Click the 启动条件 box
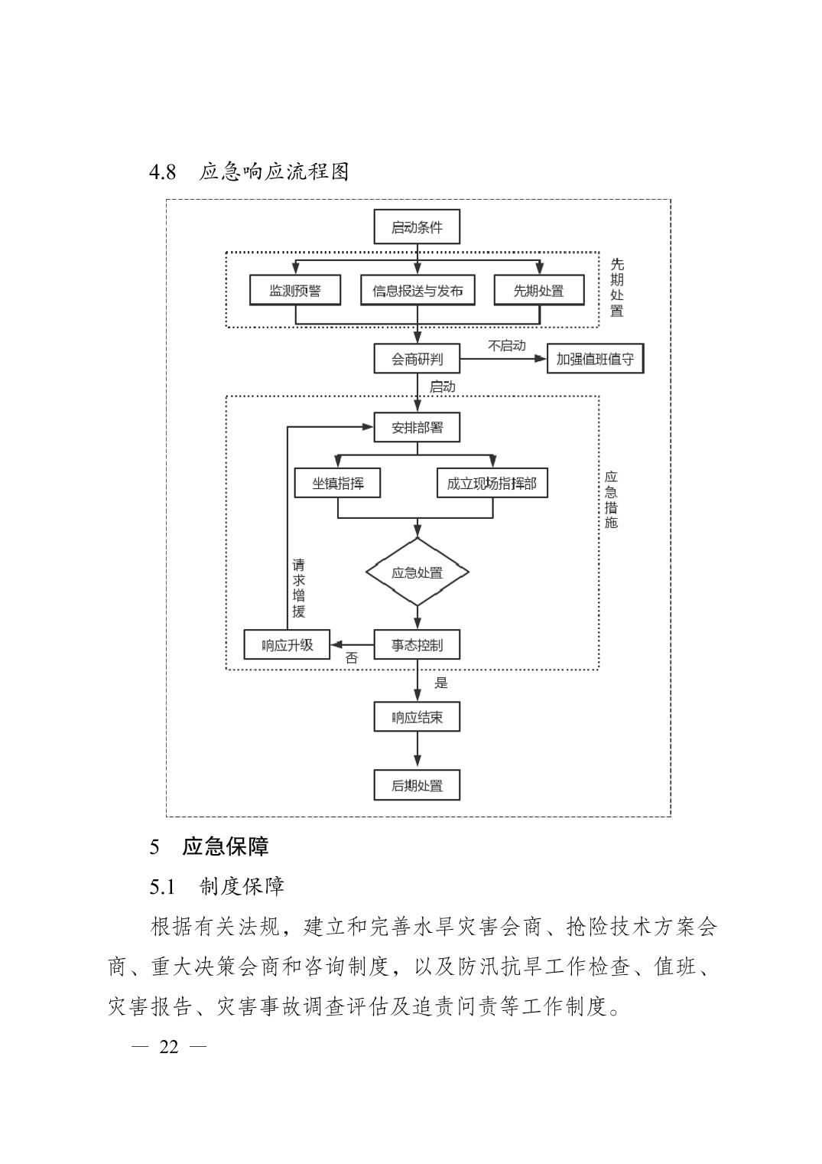417,227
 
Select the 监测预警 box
295,291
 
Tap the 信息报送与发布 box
417,291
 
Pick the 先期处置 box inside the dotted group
538,291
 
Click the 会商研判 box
417,359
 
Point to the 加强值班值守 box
595,359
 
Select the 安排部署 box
417,427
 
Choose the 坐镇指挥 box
337,484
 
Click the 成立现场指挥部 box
492,484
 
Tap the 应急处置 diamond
417,572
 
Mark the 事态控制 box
417,644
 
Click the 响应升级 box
287,644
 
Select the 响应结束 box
417,718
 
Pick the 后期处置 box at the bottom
417,786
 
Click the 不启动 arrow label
506,346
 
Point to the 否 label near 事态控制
352,658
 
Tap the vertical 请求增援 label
299,589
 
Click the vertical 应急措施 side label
611,500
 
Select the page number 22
169,1047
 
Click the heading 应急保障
225,846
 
